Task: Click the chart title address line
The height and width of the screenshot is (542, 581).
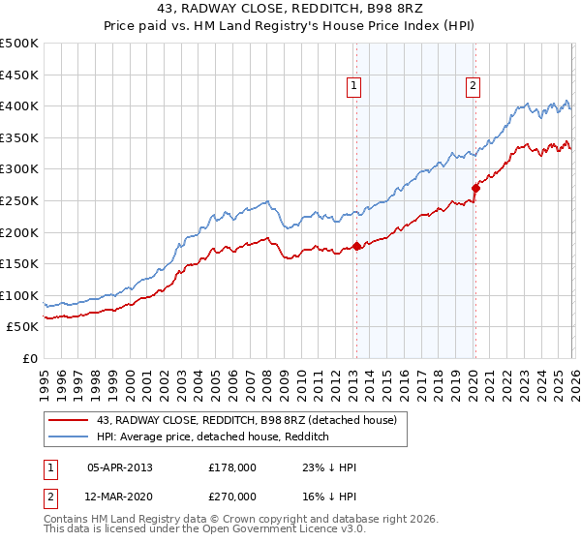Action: pyautogui.click(x=290, y=9)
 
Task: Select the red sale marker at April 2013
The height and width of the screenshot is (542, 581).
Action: pyautogui.click(x=356, y=246)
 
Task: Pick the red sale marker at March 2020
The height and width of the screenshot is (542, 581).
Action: pyautogui.click(x=475, y=188)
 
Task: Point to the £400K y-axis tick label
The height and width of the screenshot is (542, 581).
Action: pyautogui.click(x=19, y=106)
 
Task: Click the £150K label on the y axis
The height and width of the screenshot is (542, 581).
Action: pyautogui.click(x=19, y=263)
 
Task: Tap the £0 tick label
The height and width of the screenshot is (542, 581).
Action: pyautogui.click(x=29, y=358)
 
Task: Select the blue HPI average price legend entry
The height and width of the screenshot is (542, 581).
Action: pyautogui.click(x=213, y=437)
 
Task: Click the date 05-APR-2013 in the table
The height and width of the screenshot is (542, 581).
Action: pyautogui.click(x=119, y=467)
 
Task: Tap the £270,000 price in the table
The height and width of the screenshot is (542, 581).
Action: pyautogui.click(x=232, y=496)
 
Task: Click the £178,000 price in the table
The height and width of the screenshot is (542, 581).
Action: pyautogui.click(x=232, y=467)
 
